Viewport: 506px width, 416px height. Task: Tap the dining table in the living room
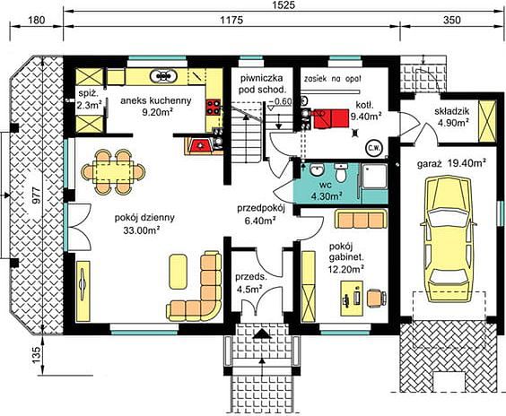[113, 172]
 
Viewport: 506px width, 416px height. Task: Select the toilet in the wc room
[340, 172]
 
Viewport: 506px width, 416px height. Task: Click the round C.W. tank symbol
[374, 148]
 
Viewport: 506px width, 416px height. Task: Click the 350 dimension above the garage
[452, 20]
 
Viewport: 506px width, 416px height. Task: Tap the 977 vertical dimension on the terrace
[37, 195]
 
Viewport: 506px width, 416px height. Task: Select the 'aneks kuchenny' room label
[156, 100]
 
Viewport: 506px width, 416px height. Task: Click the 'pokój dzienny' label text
[144, 217]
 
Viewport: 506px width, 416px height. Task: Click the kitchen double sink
[163, 76]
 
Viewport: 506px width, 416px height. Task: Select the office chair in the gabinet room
[377, 298]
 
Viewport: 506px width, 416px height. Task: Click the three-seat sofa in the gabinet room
[361, 219]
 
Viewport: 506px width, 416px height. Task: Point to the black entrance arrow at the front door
[262, 334]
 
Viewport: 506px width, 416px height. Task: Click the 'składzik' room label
[452, 111]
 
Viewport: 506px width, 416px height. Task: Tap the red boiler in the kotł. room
[330, 118]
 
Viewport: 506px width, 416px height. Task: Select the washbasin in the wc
[318, 169]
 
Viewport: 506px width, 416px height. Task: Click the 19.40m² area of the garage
[467, 163]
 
